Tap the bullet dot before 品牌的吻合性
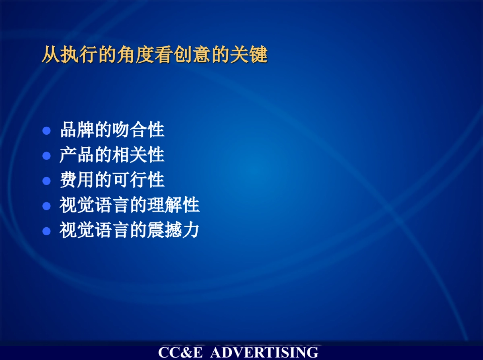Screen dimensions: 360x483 pos(47,131)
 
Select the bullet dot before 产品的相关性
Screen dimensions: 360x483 pos(47,156)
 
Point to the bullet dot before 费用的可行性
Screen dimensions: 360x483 pos(47,181)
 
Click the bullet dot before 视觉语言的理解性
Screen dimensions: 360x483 pos(47,206)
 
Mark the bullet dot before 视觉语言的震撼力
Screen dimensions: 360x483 pos(47,231)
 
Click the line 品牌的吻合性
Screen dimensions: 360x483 pos(112,130)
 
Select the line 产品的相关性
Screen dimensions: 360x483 pos(112,155)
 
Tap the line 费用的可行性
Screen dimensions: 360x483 pos(112,180)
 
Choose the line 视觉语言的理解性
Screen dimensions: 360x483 pos(129,205)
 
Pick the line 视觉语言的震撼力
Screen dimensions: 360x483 pos(129,230)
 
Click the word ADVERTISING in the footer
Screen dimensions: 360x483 pos(264,352)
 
